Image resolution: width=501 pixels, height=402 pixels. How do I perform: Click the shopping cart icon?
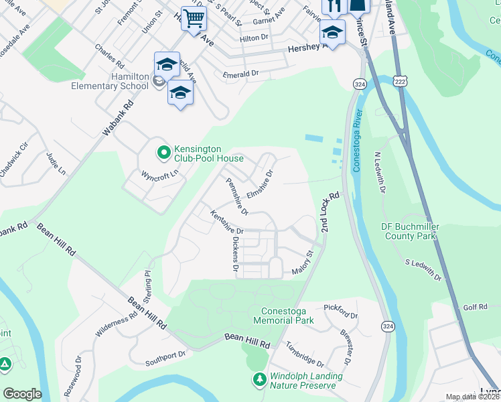pos(194,19)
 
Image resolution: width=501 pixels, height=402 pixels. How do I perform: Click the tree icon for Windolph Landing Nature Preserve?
pos(259,381)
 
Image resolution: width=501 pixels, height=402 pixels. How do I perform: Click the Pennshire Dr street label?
pos(236,196)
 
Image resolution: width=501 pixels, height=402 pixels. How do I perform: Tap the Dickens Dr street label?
pos(234,255)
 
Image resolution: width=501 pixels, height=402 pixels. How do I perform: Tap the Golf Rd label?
pos(475,306)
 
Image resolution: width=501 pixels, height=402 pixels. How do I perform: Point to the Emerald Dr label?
pos(240,73)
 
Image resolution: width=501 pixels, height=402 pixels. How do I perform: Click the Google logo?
pos(22,393)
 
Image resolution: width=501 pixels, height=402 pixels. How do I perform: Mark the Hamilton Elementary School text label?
pos(121,82)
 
